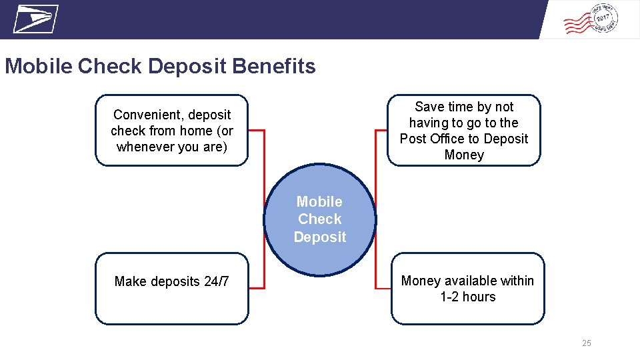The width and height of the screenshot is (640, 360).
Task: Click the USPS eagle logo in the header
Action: point(35,19)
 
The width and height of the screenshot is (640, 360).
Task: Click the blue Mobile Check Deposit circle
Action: point(320,220)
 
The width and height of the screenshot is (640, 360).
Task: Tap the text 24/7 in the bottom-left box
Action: point(216,281)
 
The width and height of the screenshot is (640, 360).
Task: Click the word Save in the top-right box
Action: point(429,107)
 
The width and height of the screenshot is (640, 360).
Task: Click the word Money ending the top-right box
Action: point(464,155)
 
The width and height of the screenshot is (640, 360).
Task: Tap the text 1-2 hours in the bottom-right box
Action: point(467,297)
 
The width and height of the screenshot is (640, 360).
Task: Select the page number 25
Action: point(586,343)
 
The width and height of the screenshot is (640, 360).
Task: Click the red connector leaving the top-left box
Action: point(257,130)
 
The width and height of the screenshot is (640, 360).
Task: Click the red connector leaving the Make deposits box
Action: point(257,288)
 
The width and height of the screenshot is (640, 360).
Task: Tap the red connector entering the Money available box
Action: point(383,288)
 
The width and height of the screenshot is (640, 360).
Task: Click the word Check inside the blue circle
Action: point(320,219)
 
